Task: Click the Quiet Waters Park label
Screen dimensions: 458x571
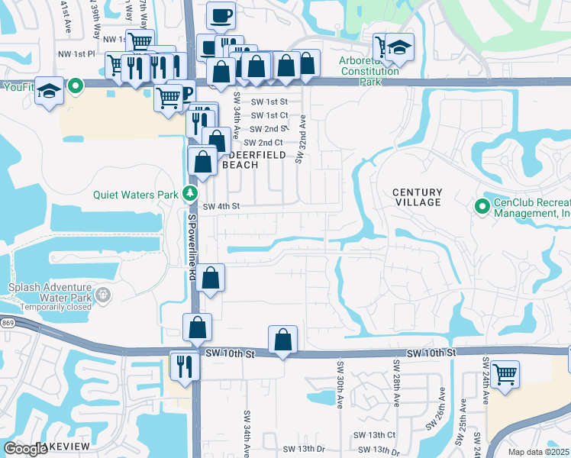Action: (136, 194)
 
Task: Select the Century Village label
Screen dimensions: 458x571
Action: (417, 197)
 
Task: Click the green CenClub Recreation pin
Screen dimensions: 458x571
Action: (482, 206)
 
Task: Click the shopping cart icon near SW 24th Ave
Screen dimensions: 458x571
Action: (505, 375)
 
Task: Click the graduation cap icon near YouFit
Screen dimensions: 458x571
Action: (49, 91)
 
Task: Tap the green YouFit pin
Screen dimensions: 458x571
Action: (75, 86)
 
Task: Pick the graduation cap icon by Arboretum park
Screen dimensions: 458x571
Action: (398, 48)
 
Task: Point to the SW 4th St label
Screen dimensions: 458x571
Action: (221, 206)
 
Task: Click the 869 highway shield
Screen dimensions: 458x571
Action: (5, 324)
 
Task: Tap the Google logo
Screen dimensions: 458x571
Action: (25, 448)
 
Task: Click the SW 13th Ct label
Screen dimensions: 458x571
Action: (374, 434)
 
